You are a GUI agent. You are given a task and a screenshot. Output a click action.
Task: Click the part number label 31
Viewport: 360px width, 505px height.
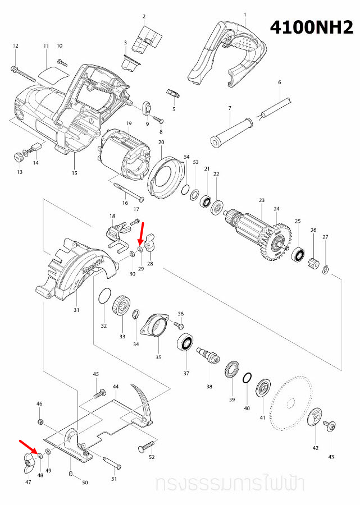(x=76, y=310)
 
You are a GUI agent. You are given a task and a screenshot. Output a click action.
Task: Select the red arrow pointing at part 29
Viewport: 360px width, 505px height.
(x=143, y=232)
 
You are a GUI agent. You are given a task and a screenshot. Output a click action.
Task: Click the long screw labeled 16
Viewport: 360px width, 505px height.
(x=128, y=192)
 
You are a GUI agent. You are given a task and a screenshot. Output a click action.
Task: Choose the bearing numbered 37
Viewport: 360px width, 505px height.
(x=186, y=342)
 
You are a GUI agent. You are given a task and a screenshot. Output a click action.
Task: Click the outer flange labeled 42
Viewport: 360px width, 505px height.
(x=316, y=417)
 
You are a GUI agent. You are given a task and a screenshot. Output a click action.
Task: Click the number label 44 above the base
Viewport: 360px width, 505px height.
(x=116, y=387)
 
